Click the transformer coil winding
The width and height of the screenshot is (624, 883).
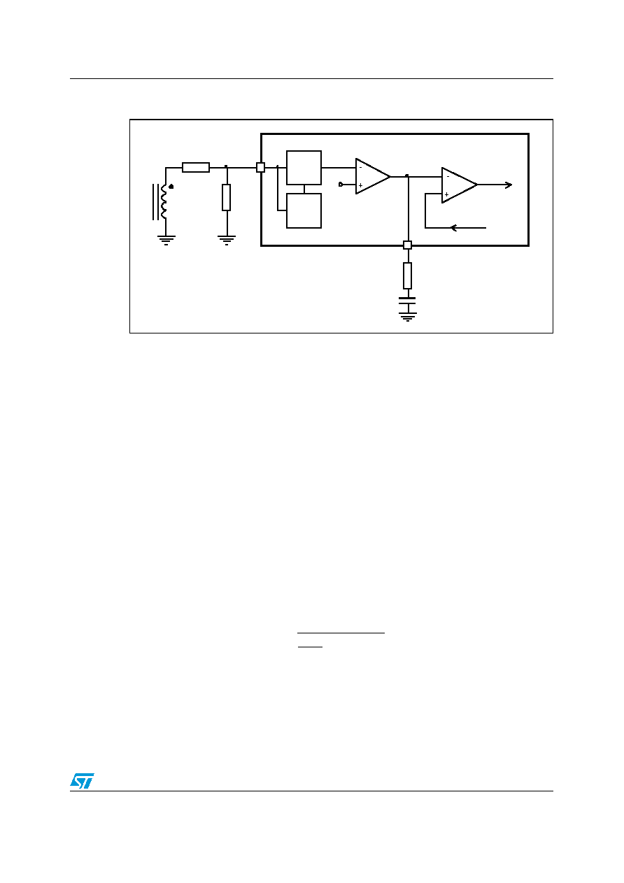(164, 201)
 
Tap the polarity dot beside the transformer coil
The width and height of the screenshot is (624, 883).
(171, 187)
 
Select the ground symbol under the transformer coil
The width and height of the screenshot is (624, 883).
(166, 240)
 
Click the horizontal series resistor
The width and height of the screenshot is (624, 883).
(196, 168)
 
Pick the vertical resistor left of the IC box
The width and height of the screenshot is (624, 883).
(227, 197)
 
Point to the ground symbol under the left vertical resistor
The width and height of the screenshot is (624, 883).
(227, 240)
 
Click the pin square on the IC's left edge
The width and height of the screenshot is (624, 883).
(260, 168)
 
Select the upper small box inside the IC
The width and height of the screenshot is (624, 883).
(304, 168)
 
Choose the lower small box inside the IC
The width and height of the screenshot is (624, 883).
(304, 210)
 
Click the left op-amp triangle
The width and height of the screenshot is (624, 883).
(372, 176)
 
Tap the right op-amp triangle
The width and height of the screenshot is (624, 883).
(459, 185)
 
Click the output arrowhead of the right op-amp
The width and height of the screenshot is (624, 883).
(509, 185)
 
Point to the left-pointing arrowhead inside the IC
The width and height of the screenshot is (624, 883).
(453, 228)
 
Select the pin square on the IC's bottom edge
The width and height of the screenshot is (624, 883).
(407, 245)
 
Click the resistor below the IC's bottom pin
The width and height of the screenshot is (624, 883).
(407, 275)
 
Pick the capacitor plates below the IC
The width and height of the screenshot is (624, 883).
(407, 301)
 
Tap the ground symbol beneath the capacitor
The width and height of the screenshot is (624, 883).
(407, 317)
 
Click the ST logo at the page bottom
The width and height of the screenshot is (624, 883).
(82, 780)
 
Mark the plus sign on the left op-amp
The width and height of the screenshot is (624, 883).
(360, 185)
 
